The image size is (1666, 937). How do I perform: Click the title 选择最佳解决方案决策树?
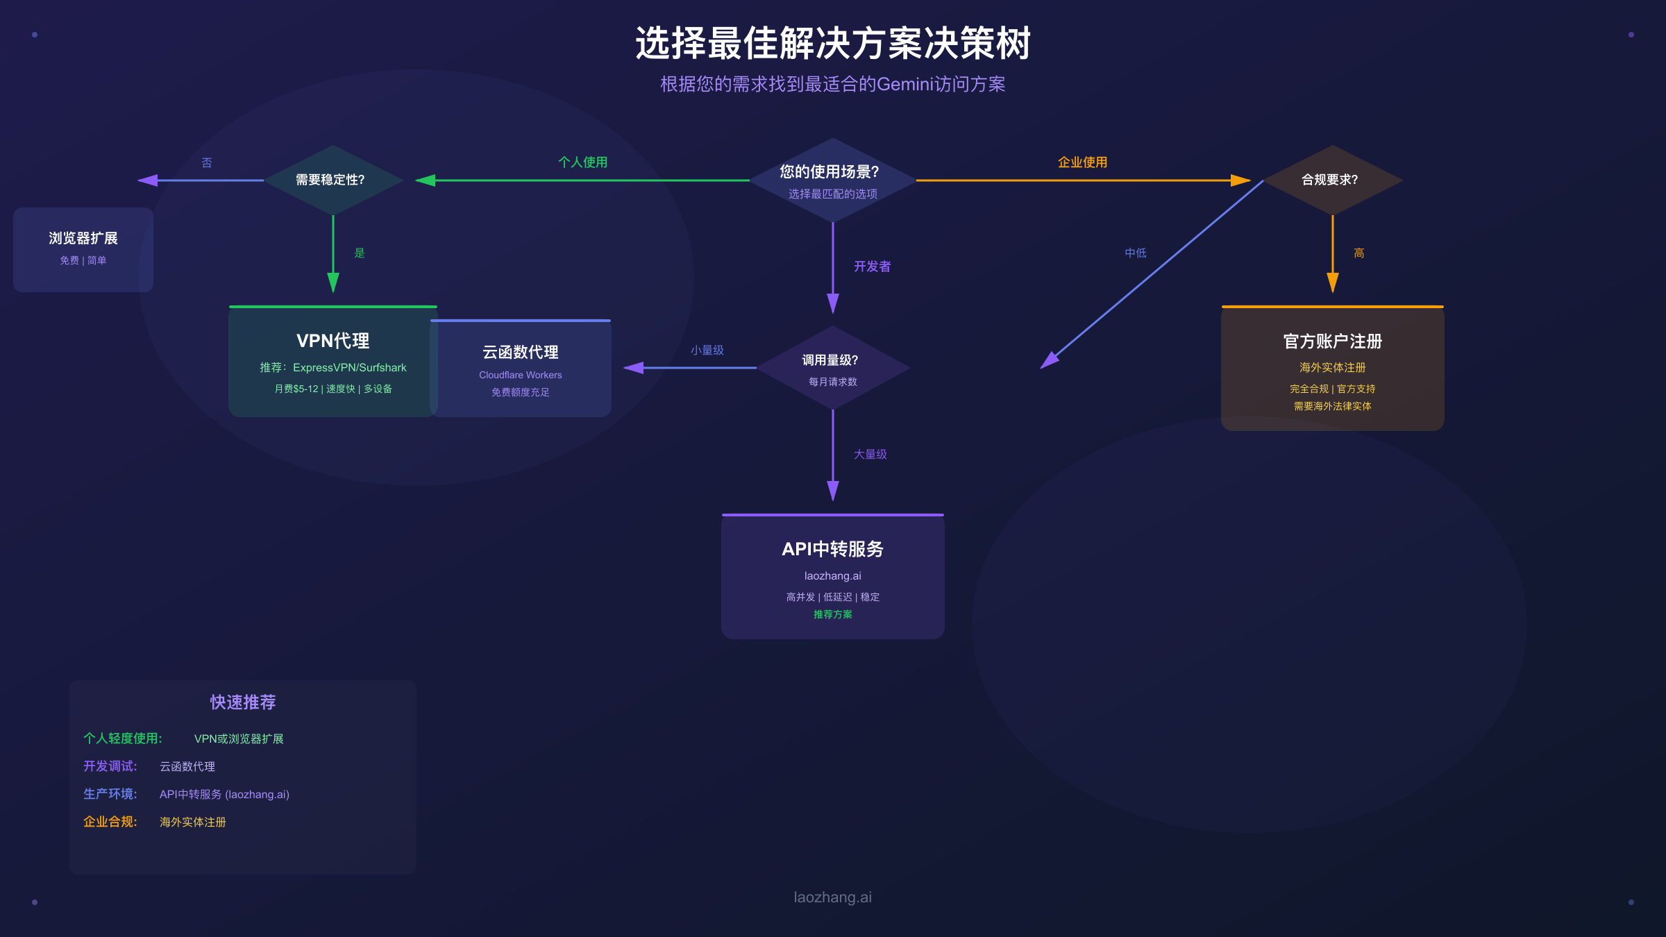pyautogui.click(x=832, y=44)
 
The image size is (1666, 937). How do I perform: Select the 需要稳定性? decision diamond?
pyautogui.click(x=333, y=180)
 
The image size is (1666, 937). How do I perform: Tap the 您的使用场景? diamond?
pyautogui.click(x=832, y=179)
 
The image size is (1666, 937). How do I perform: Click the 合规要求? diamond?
pyautogui.click(x=1331, y=180)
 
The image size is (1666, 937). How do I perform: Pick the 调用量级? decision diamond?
pyautogui.click(x=832, y=367)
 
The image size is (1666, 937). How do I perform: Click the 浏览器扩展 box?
pyautogui.click(x=83, y=248)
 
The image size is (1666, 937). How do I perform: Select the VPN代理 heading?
pyautogui.click(x=333, y=341)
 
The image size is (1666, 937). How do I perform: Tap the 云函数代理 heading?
pyautogui.click(x=520, y=353)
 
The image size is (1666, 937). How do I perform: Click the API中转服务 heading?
pyautogui.click(x=832, y=549)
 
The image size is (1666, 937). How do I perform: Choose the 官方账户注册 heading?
pyautogui.click(x=1332, y=341)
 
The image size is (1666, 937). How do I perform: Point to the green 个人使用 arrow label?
pyautogui.click(x=582, y=162)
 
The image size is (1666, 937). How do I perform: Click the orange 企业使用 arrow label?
pyautogui.click(x=1082, y=162)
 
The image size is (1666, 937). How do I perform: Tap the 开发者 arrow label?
pyautogui.click(x=872, y=267)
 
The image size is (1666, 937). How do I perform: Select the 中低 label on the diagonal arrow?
pyautogui.click(x=1135, y=253)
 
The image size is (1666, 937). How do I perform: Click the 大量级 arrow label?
pyautogui.click(x=870, y=455)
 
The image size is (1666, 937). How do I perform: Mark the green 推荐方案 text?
pyautogui.click(x=832, y=614)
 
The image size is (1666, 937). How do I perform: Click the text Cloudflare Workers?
pyautogui.click(x=520, y=375)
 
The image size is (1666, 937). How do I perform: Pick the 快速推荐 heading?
pyautogui.click(x=243, y=702)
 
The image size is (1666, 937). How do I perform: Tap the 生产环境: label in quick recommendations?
pyautogui.click(x=110, y=794)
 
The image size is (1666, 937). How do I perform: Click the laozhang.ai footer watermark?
pyautogui.click(x=832, y=897)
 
